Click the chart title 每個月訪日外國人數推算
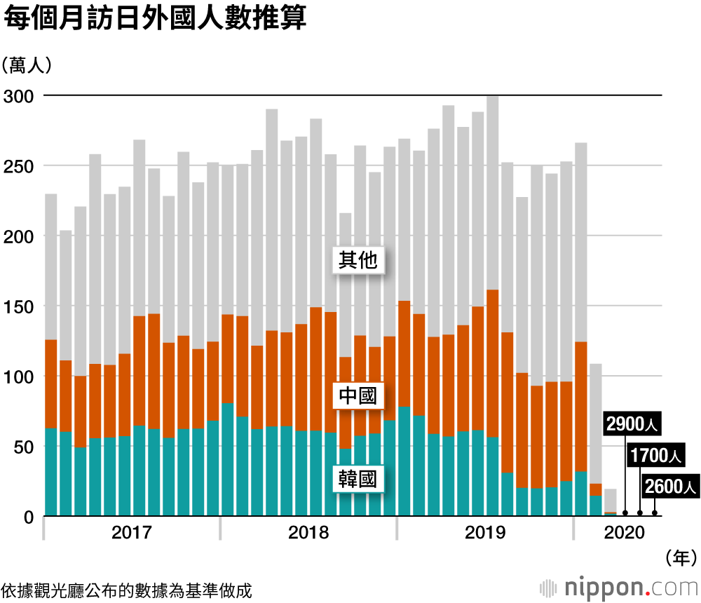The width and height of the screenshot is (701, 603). click(x=155, y=19)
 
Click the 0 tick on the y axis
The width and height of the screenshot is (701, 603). click(x=29, y=517)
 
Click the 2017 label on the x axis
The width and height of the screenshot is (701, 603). click(x=132, y=534)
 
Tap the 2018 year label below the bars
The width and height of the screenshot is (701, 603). click(x=308, y=534)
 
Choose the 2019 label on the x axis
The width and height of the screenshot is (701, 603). click(x=485, y=534)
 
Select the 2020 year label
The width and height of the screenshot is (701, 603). click(x=624, y=534)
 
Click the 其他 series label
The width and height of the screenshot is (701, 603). click(x=358, y=261)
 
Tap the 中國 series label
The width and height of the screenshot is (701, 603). click(x=358, y=396)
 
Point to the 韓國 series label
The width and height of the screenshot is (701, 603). click(x=358, y=480)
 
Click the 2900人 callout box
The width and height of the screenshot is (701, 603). click(x=633, y=425)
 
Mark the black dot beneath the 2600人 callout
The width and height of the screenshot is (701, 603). click(x=655, y=513)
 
